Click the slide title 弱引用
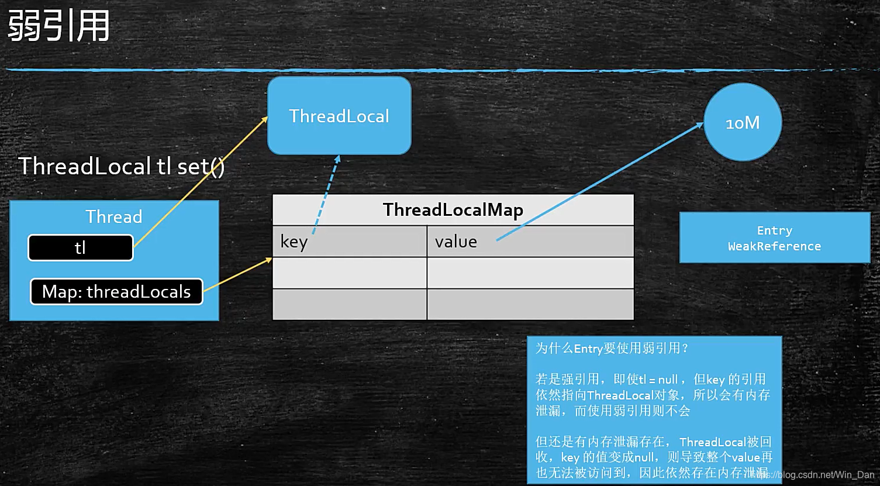(58, 26)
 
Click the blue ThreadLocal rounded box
(339, 116)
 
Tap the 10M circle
(743, 122)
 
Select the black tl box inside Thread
(81, 247)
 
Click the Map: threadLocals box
(116, 291)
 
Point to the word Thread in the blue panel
(114, 217)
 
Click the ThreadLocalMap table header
(453, 209)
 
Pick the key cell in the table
(349, 241)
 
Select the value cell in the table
(530, 241)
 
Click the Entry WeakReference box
(774, 238)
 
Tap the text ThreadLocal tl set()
(122, 167)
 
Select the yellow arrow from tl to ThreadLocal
(199, 182)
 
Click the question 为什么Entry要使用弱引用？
(612, 349)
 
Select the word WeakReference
(774, 246)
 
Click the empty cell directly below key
(349, 273)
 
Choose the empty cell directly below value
(530, 273)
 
